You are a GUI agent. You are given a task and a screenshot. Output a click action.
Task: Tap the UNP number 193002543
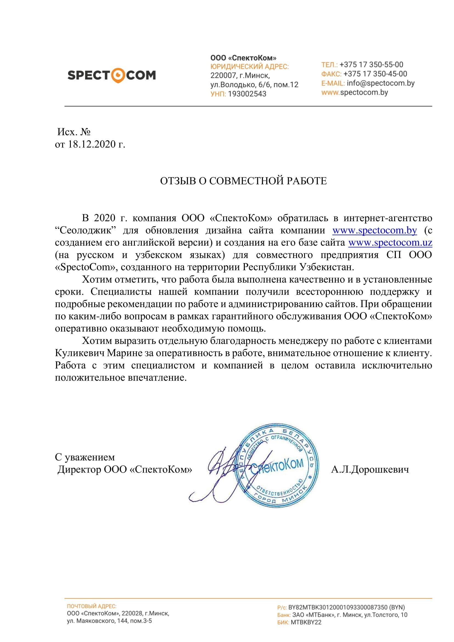coord(247,94)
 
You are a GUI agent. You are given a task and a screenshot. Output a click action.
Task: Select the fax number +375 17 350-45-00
coord(375,74)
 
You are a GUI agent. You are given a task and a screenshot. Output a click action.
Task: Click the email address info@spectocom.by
coord(380,83)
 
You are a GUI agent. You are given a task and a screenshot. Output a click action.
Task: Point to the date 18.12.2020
coord(92,144)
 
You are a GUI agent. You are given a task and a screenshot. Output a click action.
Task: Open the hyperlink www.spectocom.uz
coord(390,242)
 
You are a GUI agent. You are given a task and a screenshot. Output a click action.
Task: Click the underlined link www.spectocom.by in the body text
coord(375,230)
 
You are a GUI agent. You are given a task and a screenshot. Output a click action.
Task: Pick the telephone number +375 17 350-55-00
coord(371,65)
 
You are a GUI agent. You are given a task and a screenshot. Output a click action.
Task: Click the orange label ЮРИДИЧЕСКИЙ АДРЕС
coord(249,67)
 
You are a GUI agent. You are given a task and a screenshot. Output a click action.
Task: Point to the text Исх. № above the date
coord(74,132)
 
